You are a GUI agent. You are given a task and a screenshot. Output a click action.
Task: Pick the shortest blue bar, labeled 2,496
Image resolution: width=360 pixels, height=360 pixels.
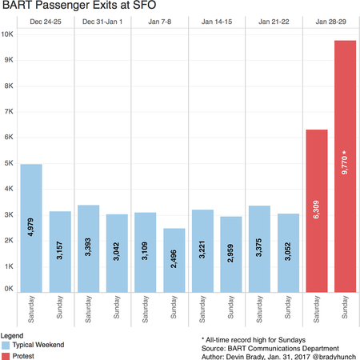coord(173,259)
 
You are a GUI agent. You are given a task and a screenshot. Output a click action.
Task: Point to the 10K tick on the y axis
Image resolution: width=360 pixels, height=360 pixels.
coord(6,34)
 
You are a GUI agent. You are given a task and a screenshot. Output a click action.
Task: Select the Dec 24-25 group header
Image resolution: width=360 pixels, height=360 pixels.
coord(45,22)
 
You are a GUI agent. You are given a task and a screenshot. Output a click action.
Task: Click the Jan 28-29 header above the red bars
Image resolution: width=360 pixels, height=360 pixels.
coord(330,22)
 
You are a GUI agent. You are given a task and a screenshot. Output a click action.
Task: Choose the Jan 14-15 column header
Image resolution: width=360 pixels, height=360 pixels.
coord(216,22)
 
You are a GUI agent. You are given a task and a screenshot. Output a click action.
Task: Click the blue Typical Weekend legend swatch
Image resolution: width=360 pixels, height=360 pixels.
coord(6,344)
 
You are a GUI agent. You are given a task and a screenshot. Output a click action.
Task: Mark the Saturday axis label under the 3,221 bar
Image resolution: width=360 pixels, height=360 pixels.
coord(202,308)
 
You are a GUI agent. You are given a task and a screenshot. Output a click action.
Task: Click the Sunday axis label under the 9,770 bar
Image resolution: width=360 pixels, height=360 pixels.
coord(345,308)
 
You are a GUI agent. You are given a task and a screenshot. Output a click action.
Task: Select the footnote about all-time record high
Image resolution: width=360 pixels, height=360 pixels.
coord(254,338)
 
